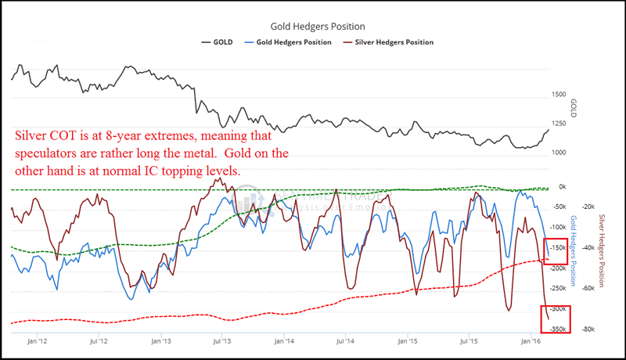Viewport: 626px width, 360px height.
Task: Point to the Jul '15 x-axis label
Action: [x=468, y=342]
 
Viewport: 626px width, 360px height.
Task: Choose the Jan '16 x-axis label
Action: [x=531, y=342]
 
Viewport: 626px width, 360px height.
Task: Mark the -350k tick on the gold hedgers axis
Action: [x=558, y=329]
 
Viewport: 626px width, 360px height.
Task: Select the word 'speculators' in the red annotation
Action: [x=49, y=153]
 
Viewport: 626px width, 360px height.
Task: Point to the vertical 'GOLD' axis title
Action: [x=574, y=107]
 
